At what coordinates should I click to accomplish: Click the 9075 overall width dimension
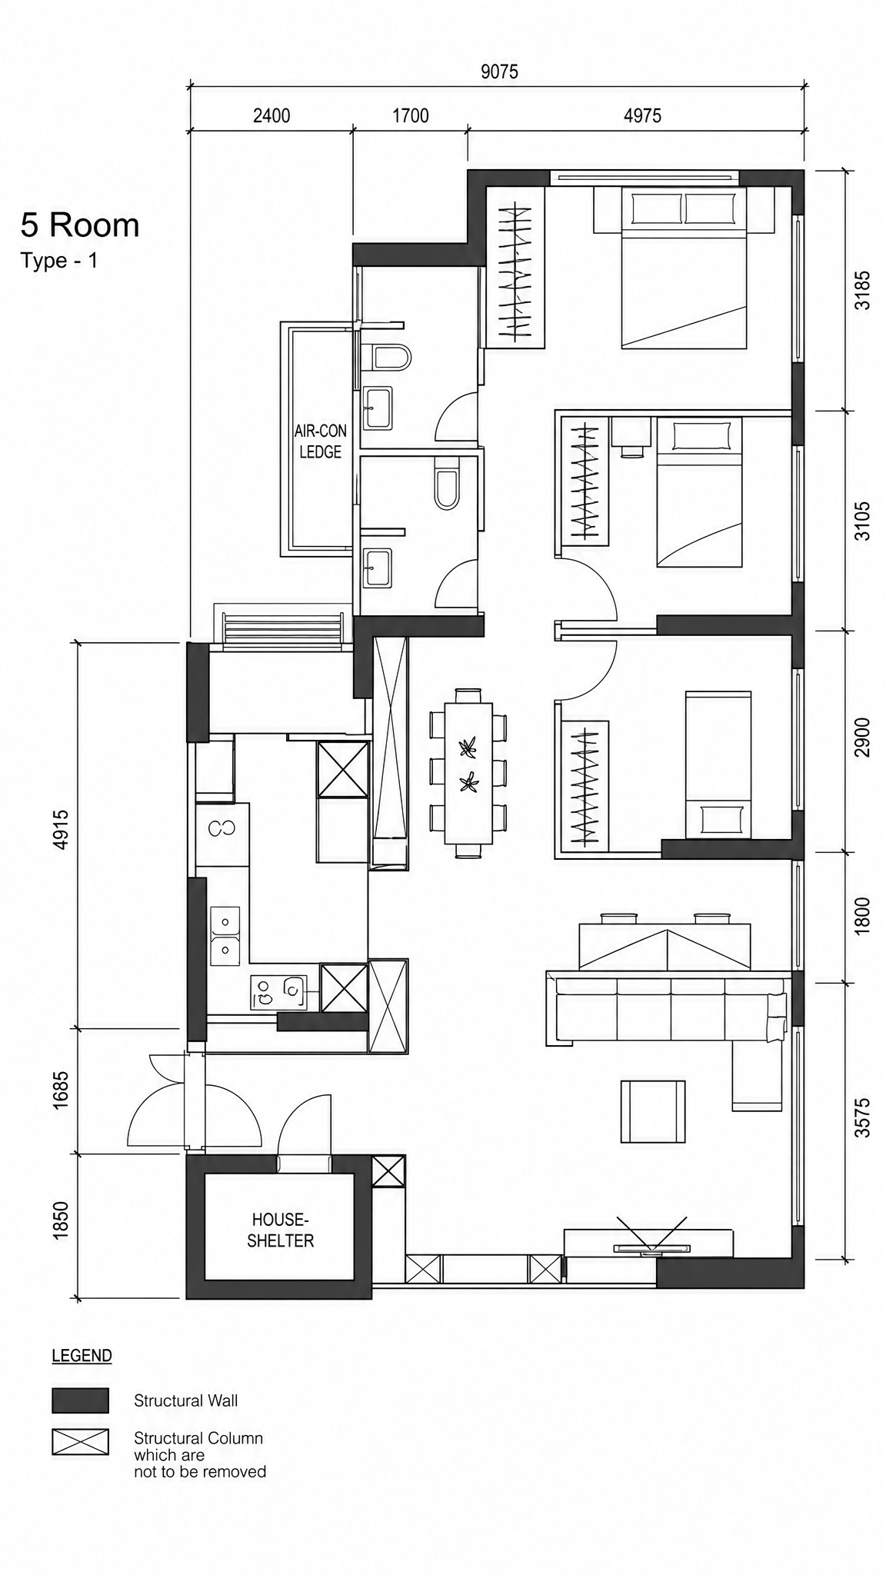(x=499, y=72)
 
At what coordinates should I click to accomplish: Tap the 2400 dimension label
(x=271, y=115)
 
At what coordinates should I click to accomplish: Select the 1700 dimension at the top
(x=411, y=115)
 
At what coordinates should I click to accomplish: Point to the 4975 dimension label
(x=642, y=115)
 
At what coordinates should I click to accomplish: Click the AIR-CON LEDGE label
(x=321, y=441)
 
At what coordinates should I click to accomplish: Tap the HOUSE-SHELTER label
(x=280, y=1230)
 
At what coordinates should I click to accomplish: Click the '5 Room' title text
(x=80, y=225)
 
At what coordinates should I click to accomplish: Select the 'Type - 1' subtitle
(x=59, y=261)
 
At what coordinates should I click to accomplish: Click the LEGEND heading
(x=82, y=1356)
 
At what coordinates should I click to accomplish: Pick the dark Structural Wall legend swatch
(x=80, y=1400)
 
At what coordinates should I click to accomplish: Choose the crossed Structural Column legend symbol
(x=80, y=1442)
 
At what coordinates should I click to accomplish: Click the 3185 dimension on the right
(x=863, y=290)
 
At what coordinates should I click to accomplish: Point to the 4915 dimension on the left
(x=62, y=829)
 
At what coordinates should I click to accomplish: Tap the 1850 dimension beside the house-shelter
(x=62, y=1220)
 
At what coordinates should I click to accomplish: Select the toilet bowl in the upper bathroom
(x=391, y=357)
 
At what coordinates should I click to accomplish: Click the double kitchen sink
(x=225, y=935)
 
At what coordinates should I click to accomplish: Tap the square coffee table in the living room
(x=652, y=1111)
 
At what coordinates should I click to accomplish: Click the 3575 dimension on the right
(x=863, y=1117)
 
